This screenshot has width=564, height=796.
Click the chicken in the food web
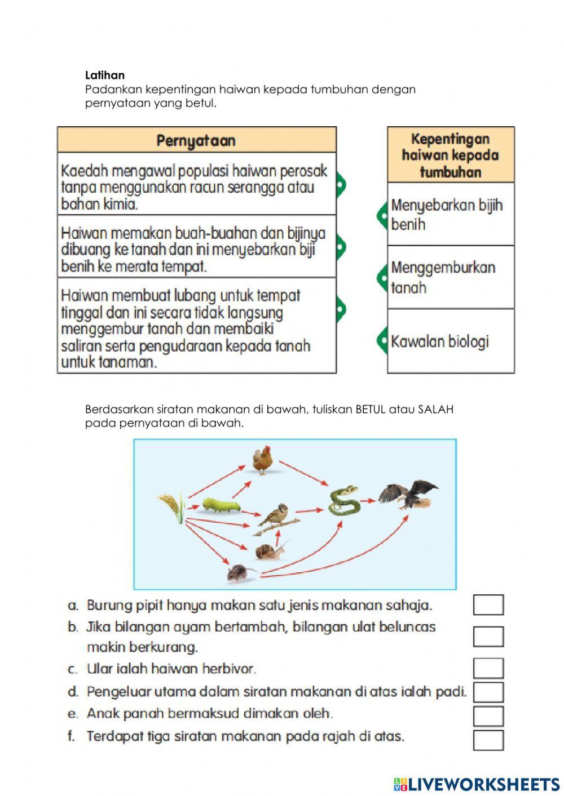click(262, 460)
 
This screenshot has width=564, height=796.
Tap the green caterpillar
click(221, 505)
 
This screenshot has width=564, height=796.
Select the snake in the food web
click(344, 500)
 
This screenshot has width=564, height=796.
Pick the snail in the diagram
click(270, 550)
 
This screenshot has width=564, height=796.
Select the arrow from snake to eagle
click(369, 500)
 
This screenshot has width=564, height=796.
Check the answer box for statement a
click(488, 604)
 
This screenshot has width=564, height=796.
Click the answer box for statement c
click(488, 668)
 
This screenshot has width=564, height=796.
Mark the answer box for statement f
click(488, 740)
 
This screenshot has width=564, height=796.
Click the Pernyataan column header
click(196, 140)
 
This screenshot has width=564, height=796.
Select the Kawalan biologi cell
click(451, 341)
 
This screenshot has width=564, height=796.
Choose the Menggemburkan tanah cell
click(451, 277)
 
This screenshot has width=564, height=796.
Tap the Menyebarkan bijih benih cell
click(451, 214)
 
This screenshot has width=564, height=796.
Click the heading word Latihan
click(105, 75)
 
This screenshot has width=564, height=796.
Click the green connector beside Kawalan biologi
click(382, 341)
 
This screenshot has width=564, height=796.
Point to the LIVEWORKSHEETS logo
click(477, 784)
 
